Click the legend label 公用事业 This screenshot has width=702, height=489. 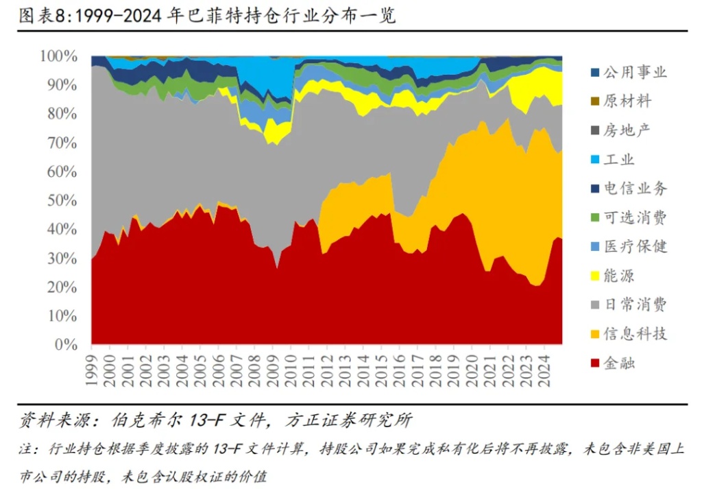pyautogui.click(x=635, y=72)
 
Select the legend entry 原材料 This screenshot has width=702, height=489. pyautogui.click(x=627, y=102)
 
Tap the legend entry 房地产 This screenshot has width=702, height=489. pyautogui.click(x=627, y=130)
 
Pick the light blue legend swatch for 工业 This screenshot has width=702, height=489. pyautogui.click(x=594, y=160)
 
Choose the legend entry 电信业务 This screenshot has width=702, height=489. pyautogui.click(x=635, y=189)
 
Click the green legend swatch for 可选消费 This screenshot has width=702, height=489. pyautogui.click(x=594, y=218)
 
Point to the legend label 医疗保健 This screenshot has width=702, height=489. pyautogui.click(x=635, y=247)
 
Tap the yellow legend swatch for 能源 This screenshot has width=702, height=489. pyautogui.click(x=594, y=276)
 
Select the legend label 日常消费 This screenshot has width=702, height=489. pyautogui.click(x=635, y=305)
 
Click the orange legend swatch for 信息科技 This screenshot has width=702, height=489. pyautogui.click(x=594, y=335)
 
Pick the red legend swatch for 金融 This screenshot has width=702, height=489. pyautogui.click(x=594, y=363)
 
